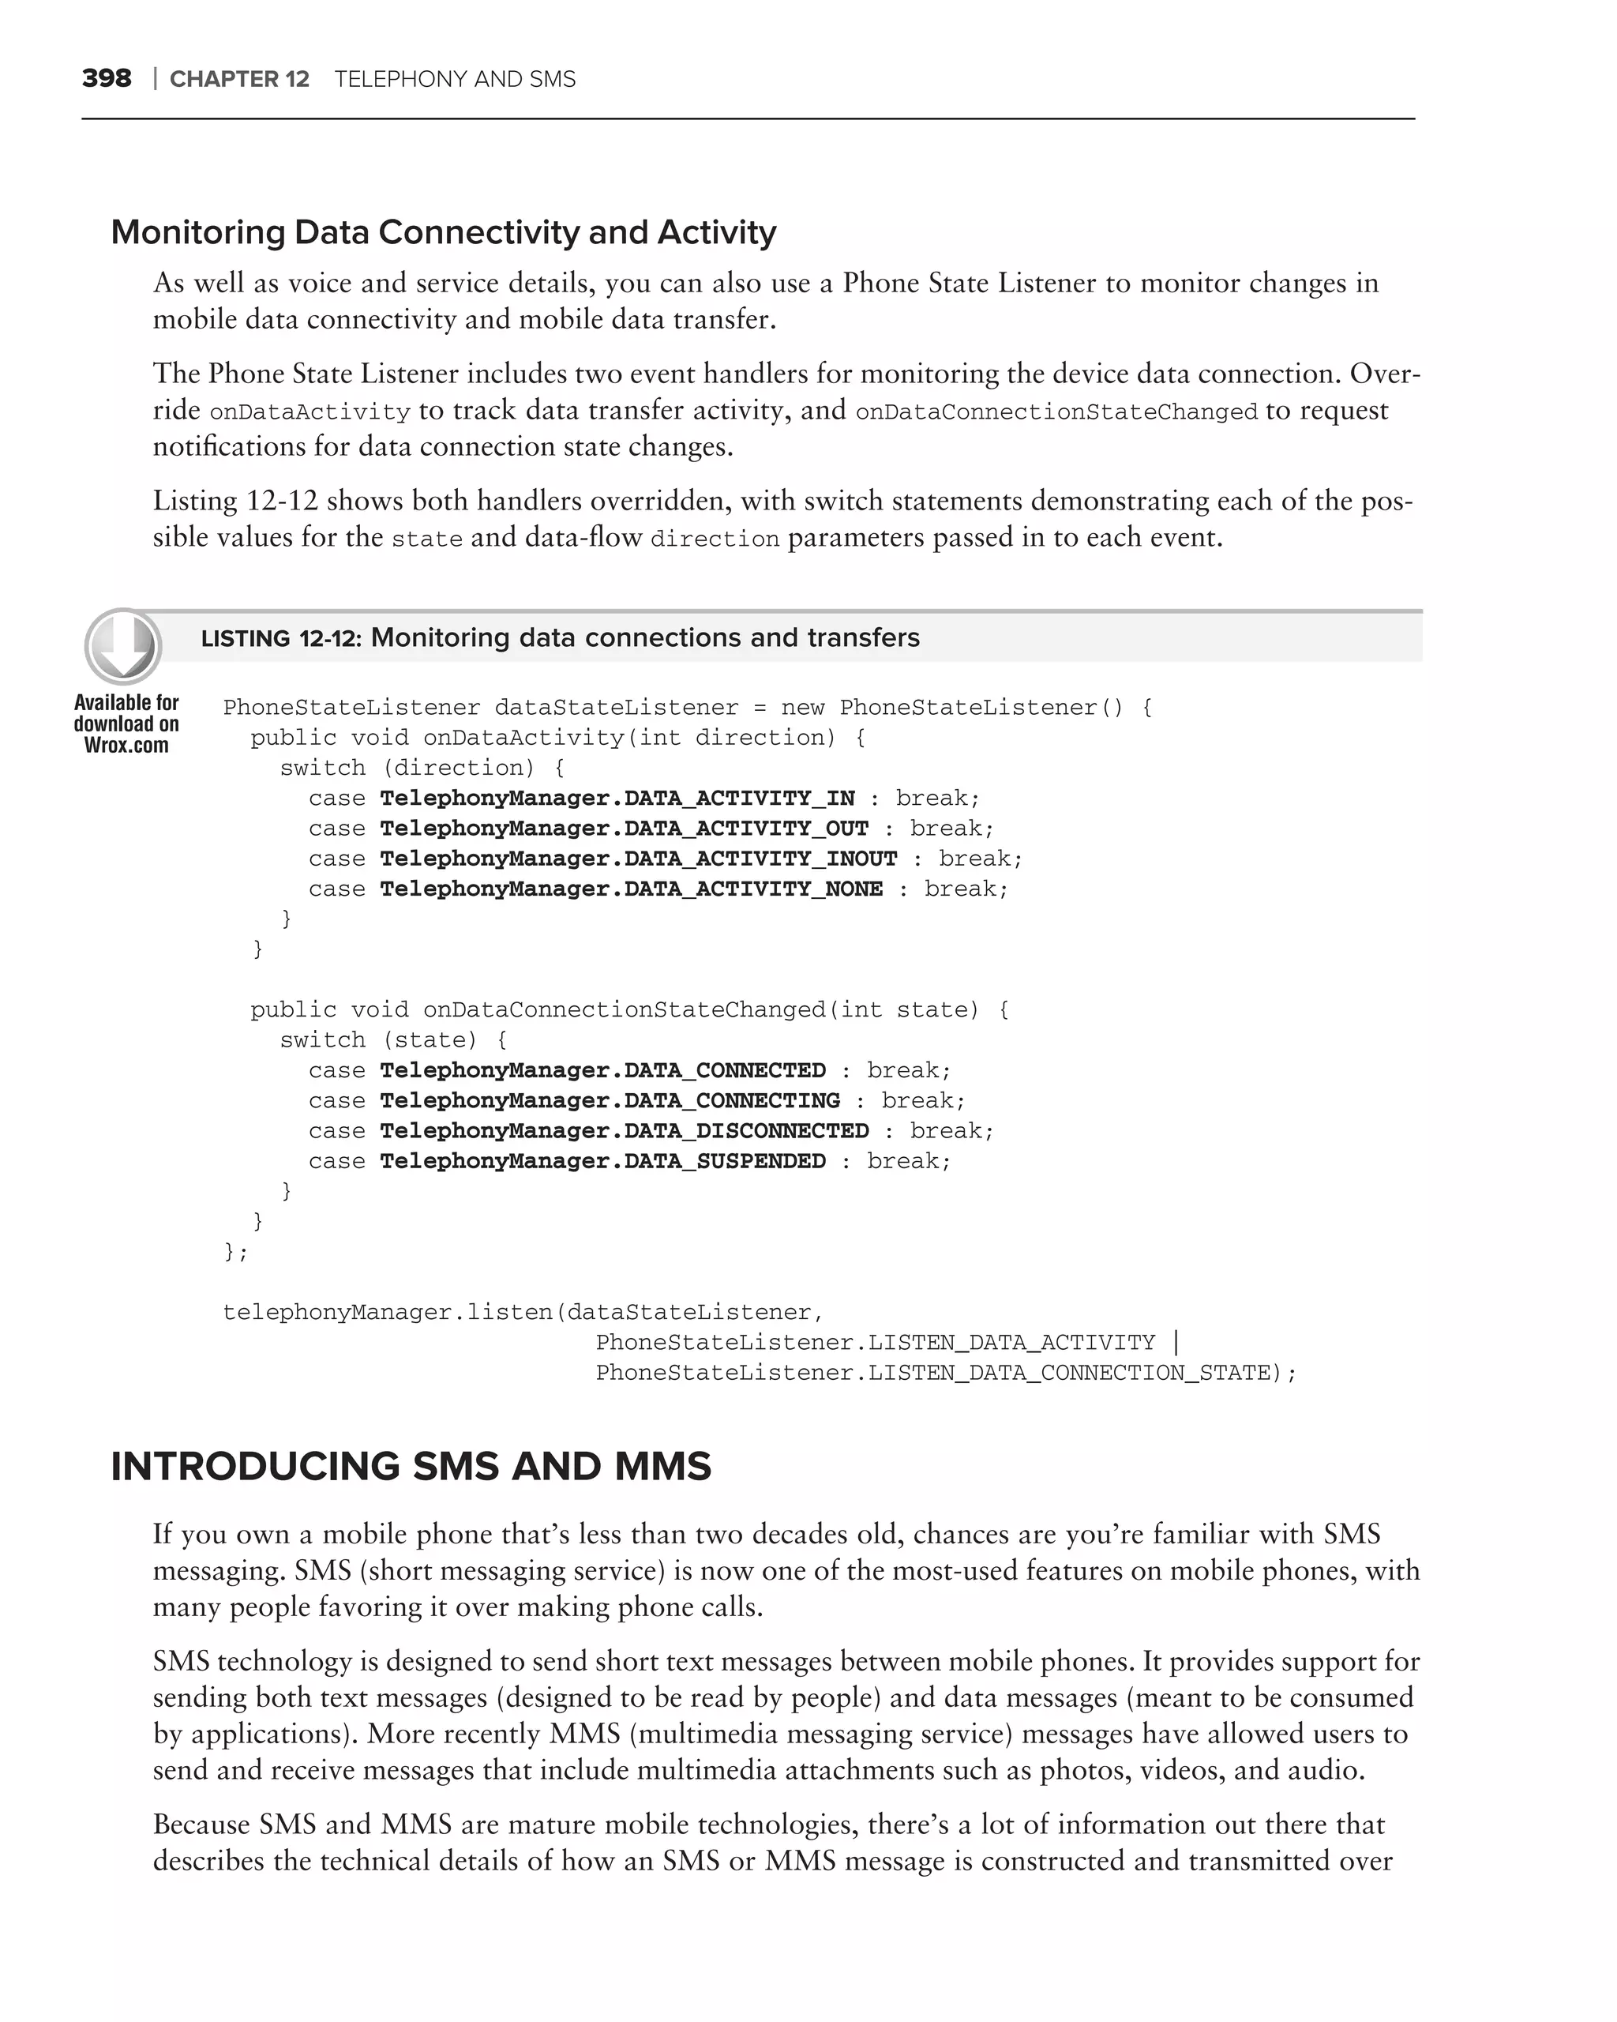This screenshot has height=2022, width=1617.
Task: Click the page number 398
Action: pyautogui.click(x=106, y=79)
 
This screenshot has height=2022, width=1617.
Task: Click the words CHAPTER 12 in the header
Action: pyautogui.click(x=239, y=80)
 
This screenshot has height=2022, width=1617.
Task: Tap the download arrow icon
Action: pyautogui.click(x=123, y=646)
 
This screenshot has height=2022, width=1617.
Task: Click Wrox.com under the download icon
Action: pyautogui.click(x=126, y=746)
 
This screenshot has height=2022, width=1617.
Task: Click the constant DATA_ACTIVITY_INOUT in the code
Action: pyautogui.click(x=760, y=859)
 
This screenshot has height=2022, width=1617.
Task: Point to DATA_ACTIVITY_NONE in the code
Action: pyautogui.click(x=752, y=889)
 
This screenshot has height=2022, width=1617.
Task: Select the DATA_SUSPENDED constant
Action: pyautogui.click(x=725, y=1161)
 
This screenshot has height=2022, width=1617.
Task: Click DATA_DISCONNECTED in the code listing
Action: pyautogui.click(x=746, y=1131)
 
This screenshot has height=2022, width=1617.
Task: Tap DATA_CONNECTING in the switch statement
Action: pyautogui.click(x=731, y=1101)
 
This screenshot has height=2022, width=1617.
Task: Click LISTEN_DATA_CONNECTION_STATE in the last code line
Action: pyautogui.click(x=1067, y=1373)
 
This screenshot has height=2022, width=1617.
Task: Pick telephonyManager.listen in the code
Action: pyautogui.click(x=387, y=1312)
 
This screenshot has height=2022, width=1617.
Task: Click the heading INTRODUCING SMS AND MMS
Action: pyautogui.click(x=411, y=1467)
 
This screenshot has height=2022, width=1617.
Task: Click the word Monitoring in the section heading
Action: pyautogui.click(x=198, y=232)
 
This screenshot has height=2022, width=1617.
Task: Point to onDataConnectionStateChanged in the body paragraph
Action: pyautogui.click(x=1056, y=412)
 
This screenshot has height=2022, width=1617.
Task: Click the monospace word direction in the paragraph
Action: pyautogui.click(x=715, y=539)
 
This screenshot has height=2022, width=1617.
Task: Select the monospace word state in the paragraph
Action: pyautogui.click(x=426, y=539)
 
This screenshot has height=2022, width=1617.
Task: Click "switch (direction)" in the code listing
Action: pyautogui.click(x=407, y=768)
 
